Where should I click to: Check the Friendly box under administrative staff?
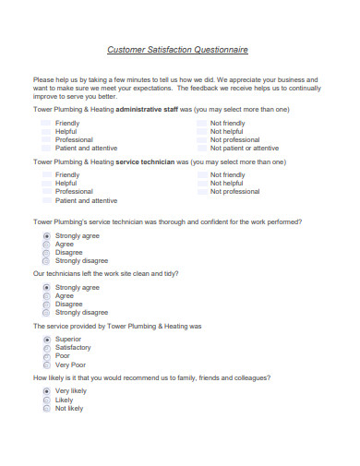[46, 123]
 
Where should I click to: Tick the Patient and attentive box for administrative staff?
[46, 148]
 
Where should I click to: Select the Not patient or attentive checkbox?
[202, 148]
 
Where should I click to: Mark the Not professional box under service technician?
[202, 191]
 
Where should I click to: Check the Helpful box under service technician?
[46, 183]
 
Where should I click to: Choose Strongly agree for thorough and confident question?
[46, 235]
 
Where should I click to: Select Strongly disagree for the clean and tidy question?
[46, 312]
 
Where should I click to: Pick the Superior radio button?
[46, 340]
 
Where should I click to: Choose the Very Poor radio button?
[46, 364]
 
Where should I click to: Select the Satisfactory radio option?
[46, 348]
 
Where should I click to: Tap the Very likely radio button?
[46, 391]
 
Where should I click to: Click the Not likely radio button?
[46, 408]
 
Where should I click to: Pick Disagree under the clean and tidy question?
[46, 304]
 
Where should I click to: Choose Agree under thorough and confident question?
[46, 244]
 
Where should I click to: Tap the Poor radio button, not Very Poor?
[46, 355]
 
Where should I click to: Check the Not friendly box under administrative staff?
[202, 123]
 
